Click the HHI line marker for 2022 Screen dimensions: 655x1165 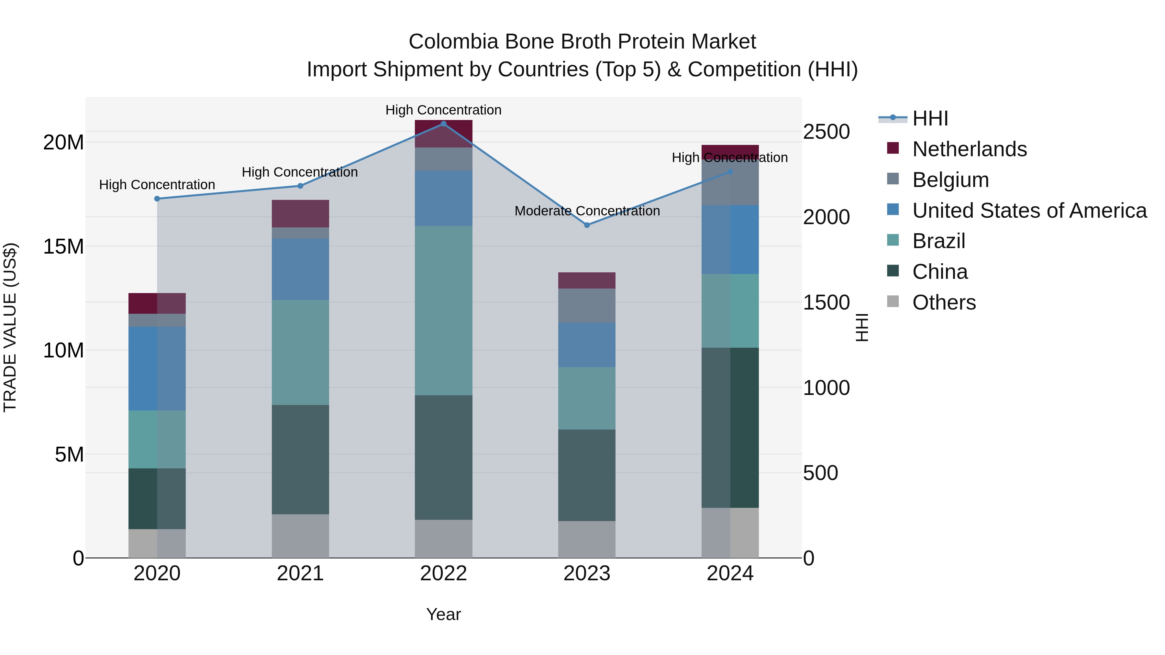click(x=443, y=124)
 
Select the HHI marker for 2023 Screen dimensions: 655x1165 click(x=587, y=225)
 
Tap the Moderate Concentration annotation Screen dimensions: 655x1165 click(x=587, y=211)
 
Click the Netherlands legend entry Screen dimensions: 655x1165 click(x=969, y=149)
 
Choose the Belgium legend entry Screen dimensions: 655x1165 click(x=950, y=180)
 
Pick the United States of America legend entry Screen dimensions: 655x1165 click(x=1029, y=211)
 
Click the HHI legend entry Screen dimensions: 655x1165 click(x=930, y=118)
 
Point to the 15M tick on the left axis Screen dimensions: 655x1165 click(x=63, y=247)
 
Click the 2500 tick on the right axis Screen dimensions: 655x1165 click(x=826, y=132)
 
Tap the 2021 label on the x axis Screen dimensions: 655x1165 click(x=300, y=573)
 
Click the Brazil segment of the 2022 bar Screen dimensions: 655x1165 click(x=443, y=311)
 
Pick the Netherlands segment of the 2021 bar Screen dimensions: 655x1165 click(x=300, y=213)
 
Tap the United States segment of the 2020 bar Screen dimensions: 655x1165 click(x=157, y=368)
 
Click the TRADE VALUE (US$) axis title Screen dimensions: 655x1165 click(x=10, y=327)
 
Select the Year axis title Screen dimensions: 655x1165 click(x=443, y=614)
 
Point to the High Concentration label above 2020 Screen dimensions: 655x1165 click(x=157, y=185)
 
